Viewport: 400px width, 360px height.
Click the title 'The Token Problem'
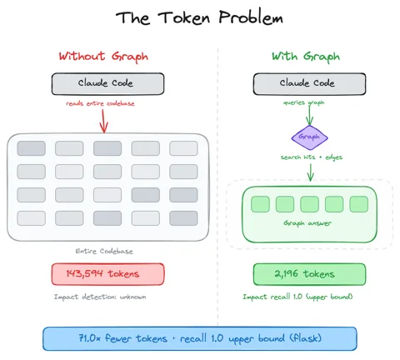click(199, 17)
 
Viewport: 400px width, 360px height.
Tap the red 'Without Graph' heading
click(103, 57)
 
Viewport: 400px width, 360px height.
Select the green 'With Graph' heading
click(306, 57)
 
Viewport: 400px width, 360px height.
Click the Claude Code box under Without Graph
click(107, 84)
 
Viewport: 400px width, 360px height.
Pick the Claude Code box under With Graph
click(309, 84)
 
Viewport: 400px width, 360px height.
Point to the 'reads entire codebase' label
click(100, 103)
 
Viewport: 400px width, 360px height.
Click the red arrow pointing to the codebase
click(103, 121)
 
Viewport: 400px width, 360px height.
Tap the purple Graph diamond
click(309, 137)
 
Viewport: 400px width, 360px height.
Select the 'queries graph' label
click(303, 102)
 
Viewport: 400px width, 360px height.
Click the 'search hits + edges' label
click(312, 157)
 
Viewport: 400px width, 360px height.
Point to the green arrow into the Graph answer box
click(311, 172)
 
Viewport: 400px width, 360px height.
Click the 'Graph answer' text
click(307, 223)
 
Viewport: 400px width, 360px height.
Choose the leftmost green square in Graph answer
click(260, 204)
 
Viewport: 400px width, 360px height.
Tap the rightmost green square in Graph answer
click(359, 204)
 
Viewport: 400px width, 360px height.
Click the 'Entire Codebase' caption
click(104, 252)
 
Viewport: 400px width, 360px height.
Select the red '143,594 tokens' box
click(107, 274)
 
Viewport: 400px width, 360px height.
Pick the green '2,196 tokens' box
click(309, 274)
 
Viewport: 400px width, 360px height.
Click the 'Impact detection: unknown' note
click(100, 297)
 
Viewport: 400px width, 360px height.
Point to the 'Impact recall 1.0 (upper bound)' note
click(297, 297)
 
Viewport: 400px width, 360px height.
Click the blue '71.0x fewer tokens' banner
click(200, 338)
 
